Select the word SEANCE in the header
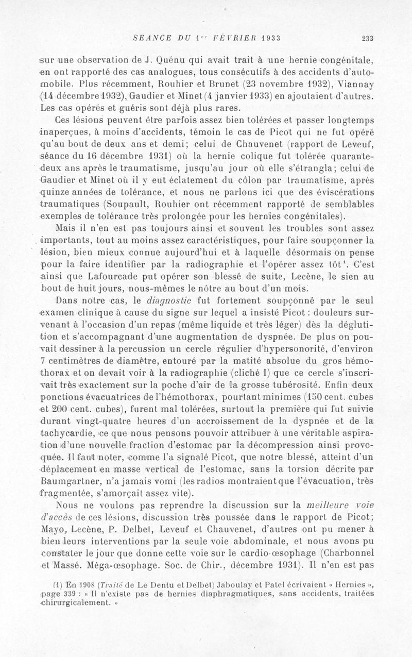(149, 37)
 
